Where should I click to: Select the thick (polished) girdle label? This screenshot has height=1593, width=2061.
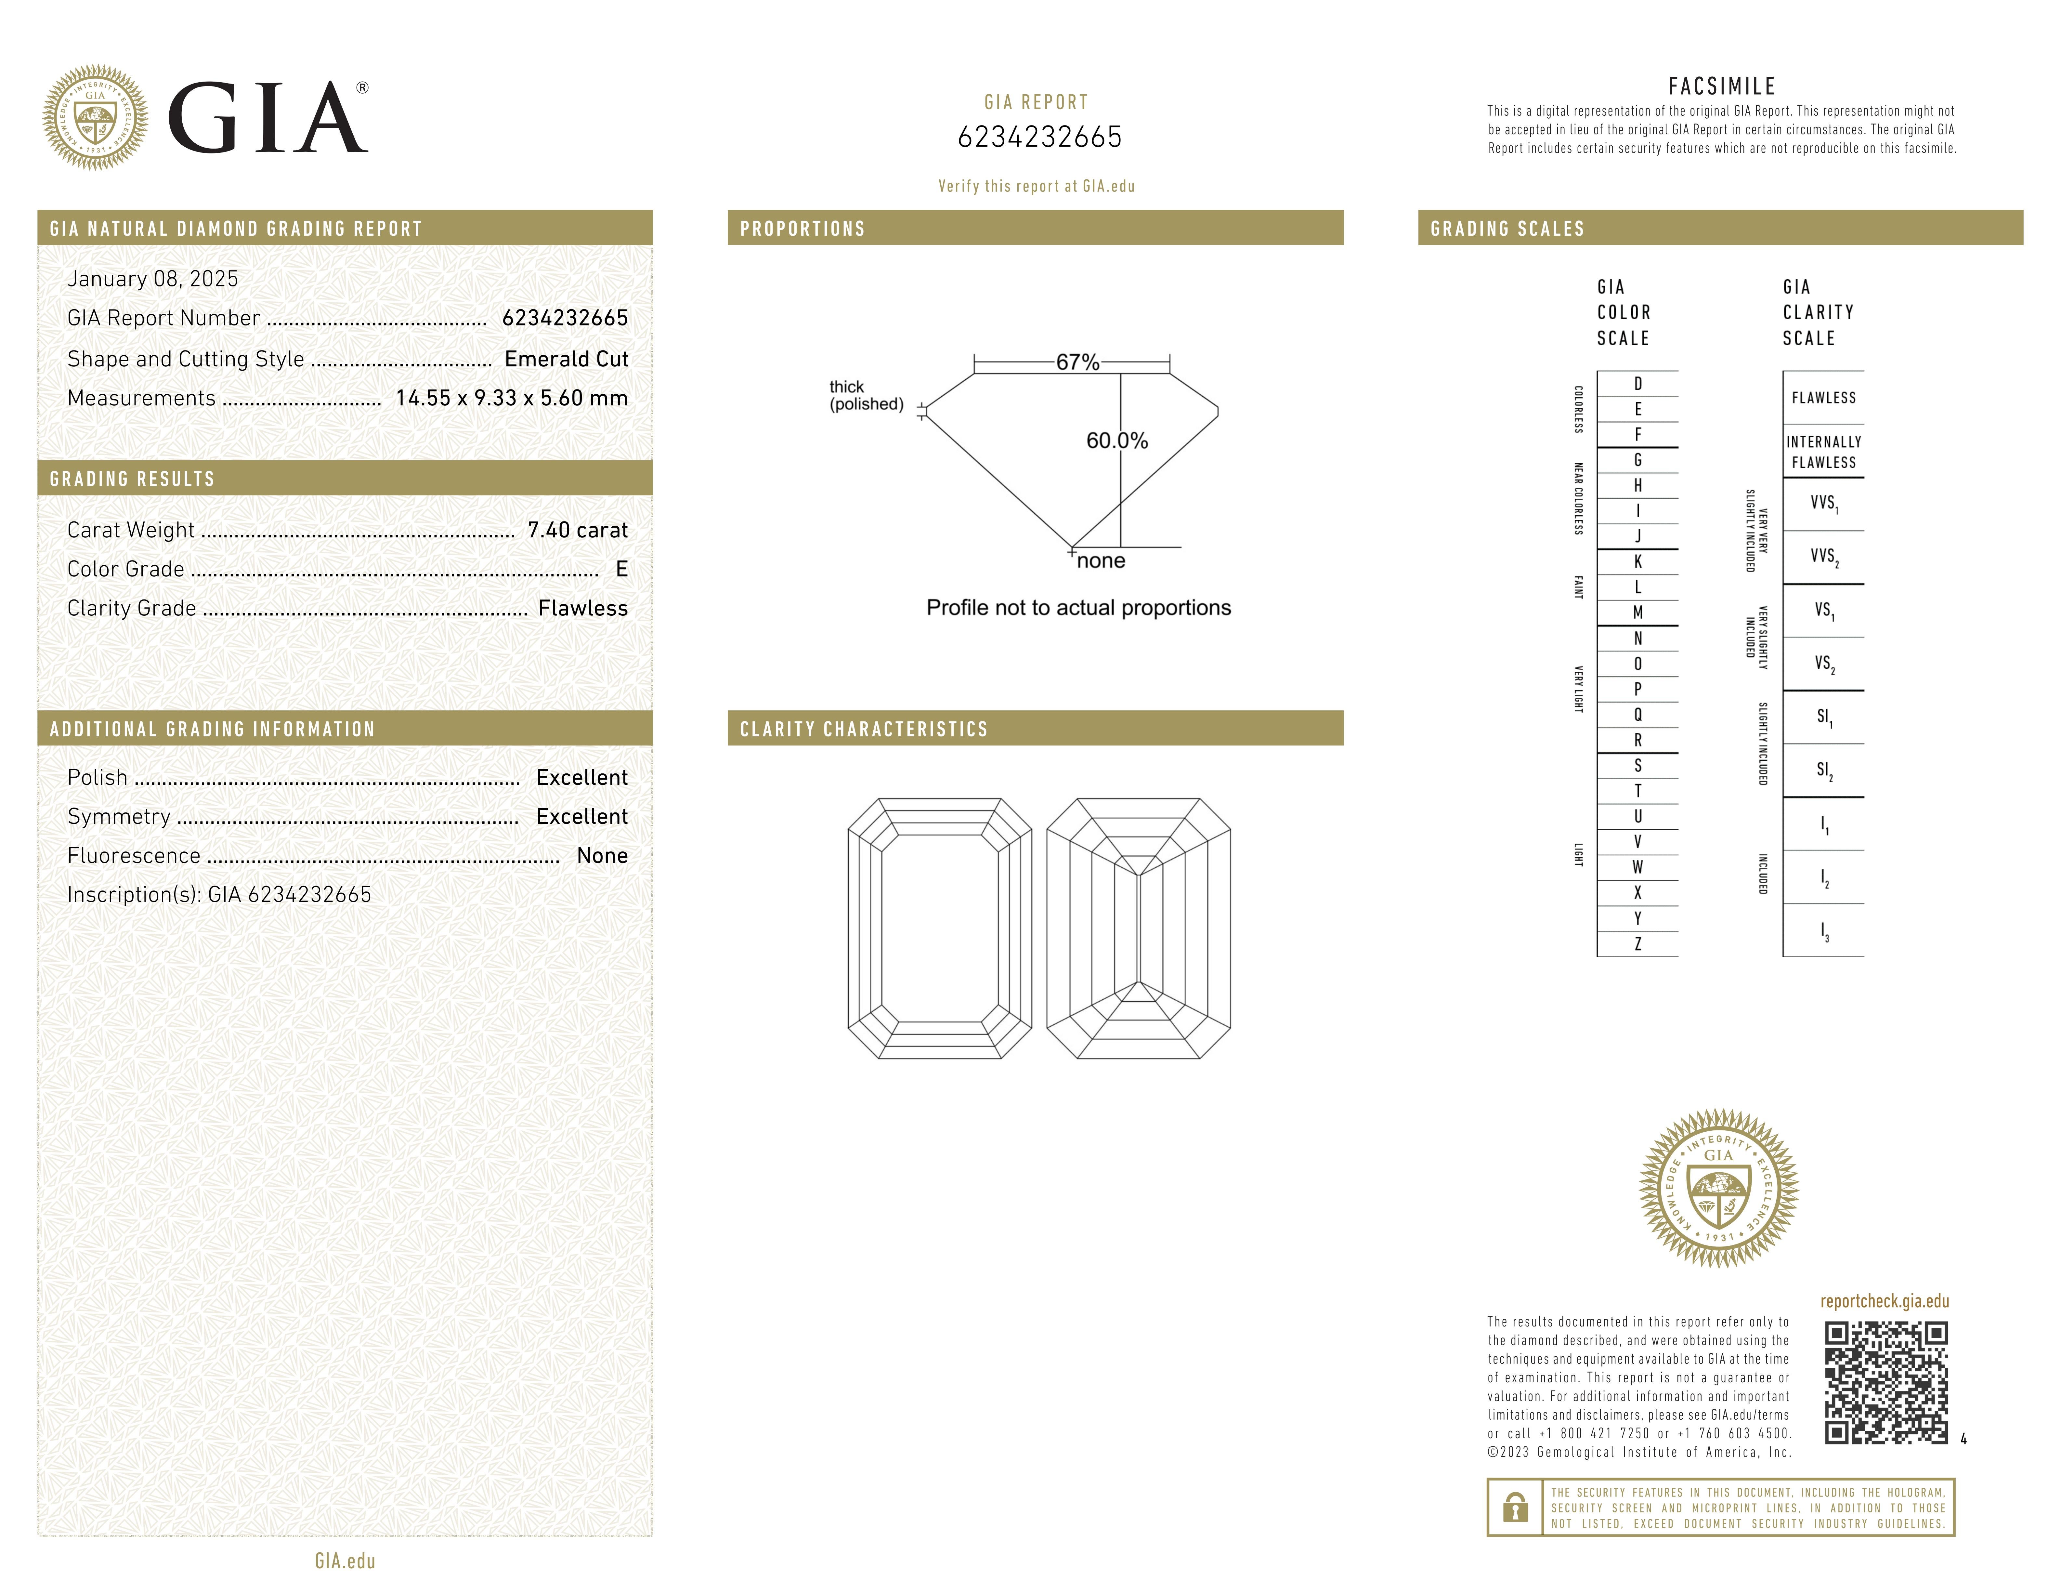click(x=865, y=395)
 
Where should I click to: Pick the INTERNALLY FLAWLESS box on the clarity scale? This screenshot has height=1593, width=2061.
click(x=1823, y=452)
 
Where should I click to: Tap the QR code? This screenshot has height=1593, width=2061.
click(x=1885, y=1383)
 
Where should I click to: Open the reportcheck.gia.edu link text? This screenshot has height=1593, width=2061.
click(x=1885, y=1301)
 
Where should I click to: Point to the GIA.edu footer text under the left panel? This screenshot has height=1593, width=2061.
click(x=346, y=1561)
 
